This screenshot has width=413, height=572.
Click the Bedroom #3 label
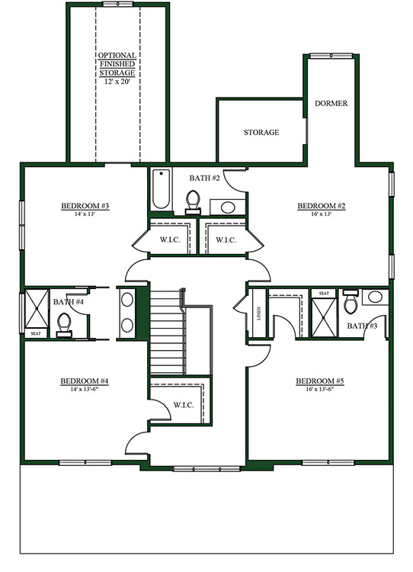click(x=85, y=206)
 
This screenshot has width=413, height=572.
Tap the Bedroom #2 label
click(x=322, y=206)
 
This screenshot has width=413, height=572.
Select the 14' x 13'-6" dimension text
click(x=85, y=389)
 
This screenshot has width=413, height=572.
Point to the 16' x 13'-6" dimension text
click(x=320, y=389)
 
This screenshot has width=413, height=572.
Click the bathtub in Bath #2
click(x=161, y=189)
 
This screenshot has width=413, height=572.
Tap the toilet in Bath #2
click(x=193, y=202)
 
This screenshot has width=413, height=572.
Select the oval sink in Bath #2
click(x=228, y=207)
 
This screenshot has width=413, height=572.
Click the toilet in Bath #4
click(x=65, y=324)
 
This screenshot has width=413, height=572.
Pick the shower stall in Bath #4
click(x=37, y=309)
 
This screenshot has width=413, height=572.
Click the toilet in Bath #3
click(x=351, y=302)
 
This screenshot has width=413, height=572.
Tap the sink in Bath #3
click(x=375, y=297)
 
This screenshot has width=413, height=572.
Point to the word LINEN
click(x=259, y=313)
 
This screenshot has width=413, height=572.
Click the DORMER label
click(x=331, y=104)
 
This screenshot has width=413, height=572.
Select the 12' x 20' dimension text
click(x=117, y=82)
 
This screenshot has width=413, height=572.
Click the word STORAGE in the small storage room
click(x=261, y=133)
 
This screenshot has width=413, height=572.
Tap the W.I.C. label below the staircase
click(x=184, y=405)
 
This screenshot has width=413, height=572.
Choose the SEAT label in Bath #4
click(x=36, y=333)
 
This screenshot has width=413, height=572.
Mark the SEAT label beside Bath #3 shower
click(x=324, y=294)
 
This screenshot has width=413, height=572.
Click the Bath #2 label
click(x=205, y=178)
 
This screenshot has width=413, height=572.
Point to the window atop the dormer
click(x=331, y=56)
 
